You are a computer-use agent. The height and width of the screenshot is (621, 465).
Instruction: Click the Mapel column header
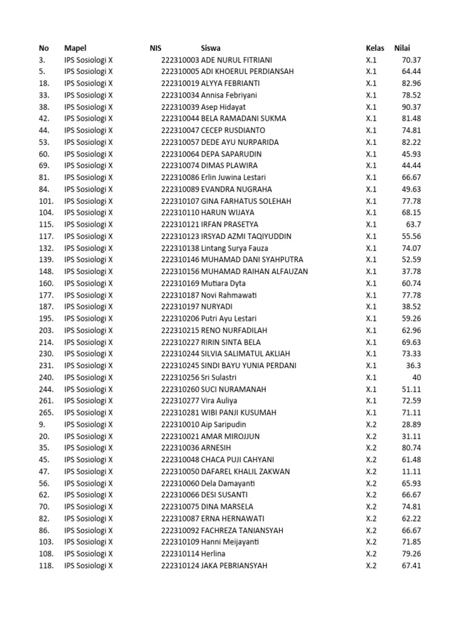[x=75, y=48]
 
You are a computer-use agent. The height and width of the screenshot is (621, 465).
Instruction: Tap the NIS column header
[x=156, y=48]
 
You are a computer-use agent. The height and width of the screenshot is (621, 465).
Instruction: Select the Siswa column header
[x=211, y=48]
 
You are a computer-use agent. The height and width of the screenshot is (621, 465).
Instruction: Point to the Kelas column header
[x=375, y=48]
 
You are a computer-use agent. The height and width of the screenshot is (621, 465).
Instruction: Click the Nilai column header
[x=403, y=48]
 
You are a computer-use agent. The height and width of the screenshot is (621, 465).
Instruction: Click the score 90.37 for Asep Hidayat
[x=411, y=107]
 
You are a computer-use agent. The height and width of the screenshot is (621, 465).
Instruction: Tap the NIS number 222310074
[x=180, y=166]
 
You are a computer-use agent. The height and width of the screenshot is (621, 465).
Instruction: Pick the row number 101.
[x=46, y=201]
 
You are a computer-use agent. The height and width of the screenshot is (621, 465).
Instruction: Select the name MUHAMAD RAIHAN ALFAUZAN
[x=254, y=272]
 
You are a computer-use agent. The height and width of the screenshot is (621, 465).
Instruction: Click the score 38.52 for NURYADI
[x=411, y=307]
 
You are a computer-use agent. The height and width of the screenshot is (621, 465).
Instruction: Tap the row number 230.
[x=46, y=354]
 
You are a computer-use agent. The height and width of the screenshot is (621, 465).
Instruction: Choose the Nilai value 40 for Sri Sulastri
[x=416, y=377]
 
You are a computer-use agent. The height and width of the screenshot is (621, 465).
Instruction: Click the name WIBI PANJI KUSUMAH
[x=239, y=412]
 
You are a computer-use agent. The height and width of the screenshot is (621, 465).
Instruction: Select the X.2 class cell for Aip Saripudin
[x=371, y=425]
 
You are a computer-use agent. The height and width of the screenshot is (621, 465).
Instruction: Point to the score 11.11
[x=411, y=471]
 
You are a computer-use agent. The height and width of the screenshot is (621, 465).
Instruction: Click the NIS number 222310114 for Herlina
[x=180, y=554]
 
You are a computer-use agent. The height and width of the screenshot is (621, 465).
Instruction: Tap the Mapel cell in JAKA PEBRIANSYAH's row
[x=88, y=566]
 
